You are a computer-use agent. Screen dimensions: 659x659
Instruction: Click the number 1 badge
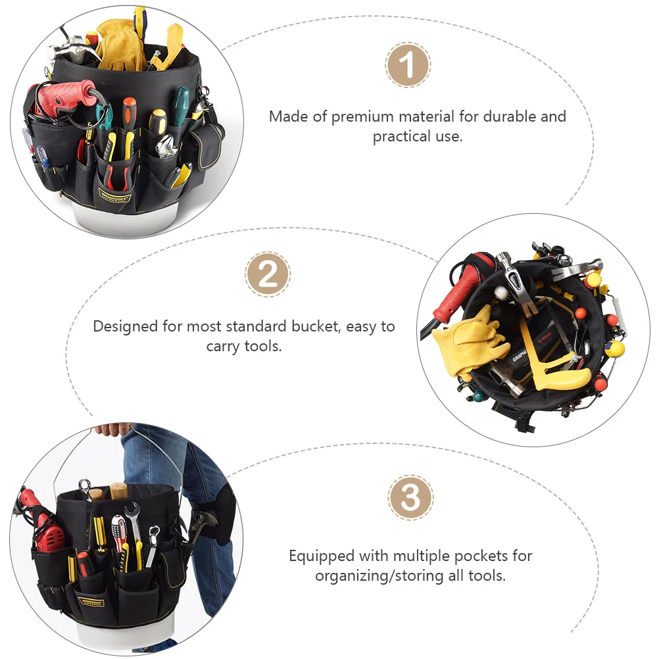pyautogui.click(x=408, y=65)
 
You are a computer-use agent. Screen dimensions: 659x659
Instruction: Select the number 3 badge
pyautogui.click(x=410, y=497)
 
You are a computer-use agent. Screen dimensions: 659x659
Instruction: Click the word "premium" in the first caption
pyautogui.click(x=360, y=117)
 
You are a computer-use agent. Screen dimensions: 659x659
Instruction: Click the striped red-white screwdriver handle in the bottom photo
pyautogui.click(x=118, y=529)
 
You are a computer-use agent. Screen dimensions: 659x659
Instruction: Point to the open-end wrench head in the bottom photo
pyautogui.click(x=132, y=511)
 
